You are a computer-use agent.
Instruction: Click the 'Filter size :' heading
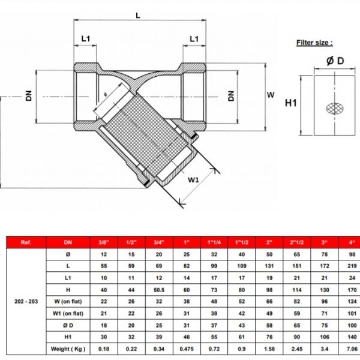[x=314, y=43]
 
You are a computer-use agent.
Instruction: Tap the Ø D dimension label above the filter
[x=335, y=61]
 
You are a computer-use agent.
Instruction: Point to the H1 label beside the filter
[x=290, y=103]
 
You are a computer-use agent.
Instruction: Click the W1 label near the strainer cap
[x=193, y=180]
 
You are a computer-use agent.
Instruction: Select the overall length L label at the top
[x=138, y=16]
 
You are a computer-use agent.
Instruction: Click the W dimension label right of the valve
[x=271, y=95]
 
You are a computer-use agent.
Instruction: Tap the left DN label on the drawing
[x=29, y=96]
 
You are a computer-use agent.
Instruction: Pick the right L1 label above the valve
[x=194, y=39]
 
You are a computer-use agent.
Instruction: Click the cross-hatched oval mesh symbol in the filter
[x=335, y=109]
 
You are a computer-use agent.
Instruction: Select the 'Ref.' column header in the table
[x=26, y=242]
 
